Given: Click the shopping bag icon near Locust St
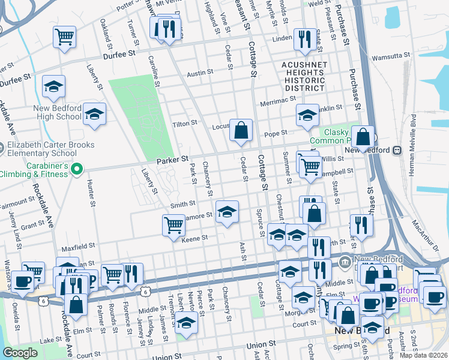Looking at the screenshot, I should [241, 130].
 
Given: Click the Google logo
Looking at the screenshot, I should [20, 353].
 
